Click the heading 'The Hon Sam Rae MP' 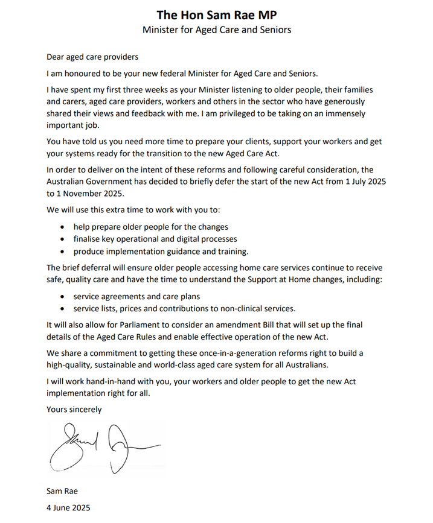pos(216,14)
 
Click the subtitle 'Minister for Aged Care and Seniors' pos(216,30)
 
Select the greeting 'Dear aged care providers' pos(92,57)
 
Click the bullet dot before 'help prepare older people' pos(65,227)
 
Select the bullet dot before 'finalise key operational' pos(65,239)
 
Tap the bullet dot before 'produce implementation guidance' pos(65,251)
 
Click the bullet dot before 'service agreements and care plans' pos(65,297)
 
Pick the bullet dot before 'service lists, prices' pos(65,309)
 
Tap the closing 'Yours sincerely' pos(74,410)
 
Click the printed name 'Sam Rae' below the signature pos(62,492)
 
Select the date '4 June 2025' pos(68,507)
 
